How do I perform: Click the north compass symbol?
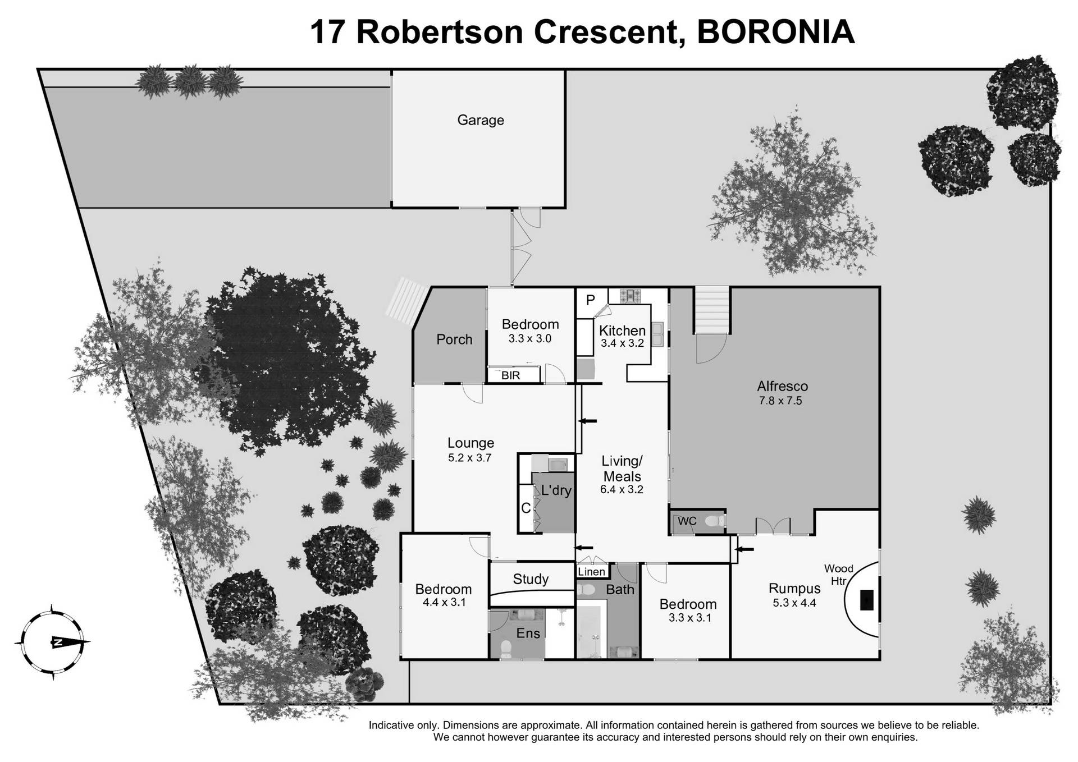(54, 642)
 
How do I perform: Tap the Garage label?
(480, 120)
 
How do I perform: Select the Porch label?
(454, 339)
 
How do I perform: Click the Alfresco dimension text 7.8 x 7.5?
(780, 401)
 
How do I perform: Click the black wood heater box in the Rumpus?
(867, 599)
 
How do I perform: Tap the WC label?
(687, 521)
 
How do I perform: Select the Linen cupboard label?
(591, 572)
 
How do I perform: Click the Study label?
(531, 579)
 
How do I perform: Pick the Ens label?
(528, 634)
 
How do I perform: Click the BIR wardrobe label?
(510, 375)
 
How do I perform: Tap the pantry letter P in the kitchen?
(590, 300)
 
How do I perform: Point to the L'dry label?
(556, 490)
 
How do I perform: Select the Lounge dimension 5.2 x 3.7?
(469, 458)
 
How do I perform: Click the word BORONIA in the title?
(775, 32)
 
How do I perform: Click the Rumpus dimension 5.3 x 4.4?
(794, 603)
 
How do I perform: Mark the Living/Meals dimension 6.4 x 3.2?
(621, 489)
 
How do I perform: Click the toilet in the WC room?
(714, 521)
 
